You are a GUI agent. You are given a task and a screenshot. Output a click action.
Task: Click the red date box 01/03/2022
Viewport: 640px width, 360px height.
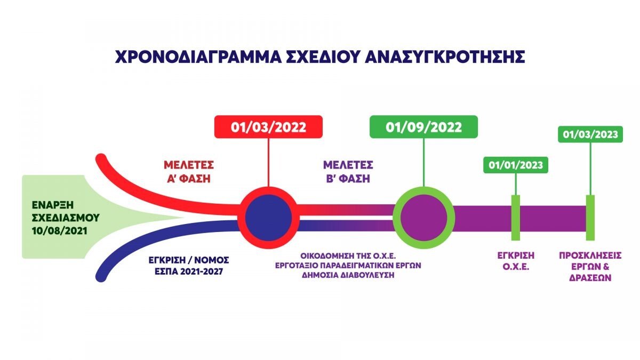(268, 127)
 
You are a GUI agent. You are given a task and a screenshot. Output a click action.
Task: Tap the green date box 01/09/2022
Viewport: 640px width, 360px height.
(423, 127)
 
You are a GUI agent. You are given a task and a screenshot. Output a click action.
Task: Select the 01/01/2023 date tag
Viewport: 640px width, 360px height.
(516, 165)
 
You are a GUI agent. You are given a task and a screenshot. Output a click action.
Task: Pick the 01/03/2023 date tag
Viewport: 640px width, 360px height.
(590, 134)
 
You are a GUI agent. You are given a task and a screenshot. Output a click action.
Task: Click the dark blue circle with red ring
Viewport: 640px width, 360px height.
(268, 218)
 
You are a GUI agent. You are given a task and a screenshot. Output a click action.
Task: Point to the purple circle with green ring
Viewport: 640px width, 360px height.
(423, 218)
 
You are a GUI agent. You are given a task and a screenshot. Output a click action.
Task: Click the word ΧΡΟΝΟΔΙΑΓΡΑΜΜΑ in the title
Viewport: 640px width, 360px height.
(198, 57)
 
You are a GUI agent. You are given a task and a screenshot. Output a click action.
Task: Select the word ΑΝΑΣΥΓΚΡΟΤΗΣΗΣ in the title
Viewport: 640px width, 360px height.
(445, 57)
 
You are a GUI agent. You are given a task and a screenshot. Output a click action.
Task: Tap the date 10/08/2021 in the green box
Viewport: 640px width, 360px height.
(59, 230)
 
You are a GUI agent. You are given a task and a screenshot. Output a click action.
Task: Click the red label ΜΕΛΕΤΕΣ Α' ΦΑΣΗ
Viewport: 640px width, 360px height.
(189, 172)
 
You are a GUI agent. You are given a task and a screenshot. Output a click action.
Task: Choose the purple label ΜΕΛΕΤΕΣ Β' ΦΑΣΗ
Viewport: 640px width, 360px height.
(348, 172)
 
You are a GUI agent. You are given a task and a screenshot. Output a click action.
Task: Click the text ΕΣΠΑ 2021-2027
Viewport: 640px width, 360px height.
(189, 271)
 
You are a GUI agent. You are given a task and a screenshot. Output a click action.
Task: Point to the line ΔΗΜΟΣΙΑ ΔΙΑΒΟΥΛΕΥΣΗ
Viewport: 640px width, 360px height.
(348, 275)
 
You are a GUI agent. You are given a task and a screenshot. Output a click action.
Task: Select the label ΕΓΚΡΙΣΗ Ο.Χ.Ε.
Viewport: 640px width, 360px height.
(516, 261)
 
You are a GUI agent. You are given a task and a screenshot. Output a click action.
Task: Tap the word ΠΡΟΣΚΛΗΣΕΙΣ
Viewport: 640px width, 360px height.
(590, 255)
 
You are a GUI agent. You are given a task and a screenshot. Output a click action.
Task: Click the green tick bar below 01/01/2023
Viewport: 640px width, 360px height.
(516, 218)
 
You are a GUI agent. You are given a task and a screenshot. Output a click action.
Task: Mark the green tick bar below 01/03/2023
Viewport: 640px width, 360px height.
(590, 218)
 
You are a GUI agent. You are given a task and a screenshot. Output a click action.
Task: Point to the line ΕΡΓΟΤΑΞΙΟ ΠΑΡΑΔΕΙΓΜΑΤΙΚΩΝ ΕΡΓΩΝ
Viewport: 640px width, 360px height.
(348, 266)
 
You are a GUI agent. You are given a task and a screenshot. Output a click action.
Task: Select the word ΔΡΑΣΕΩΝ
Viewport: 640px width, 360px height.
(590, 278)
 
